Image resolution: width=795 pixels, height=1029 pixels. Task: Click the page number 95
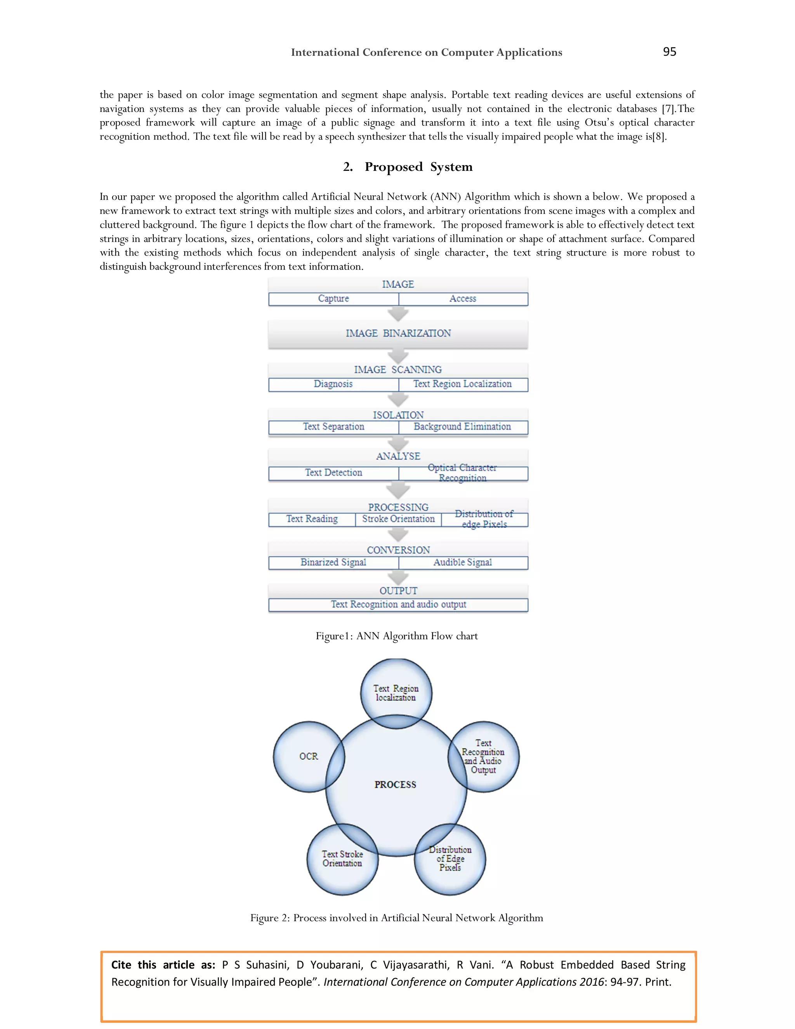669,52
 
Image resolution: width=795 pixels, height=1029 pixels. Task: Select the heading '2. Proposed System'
407,167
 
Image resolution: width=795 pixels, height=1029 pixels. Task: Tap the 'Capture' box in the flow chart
333,299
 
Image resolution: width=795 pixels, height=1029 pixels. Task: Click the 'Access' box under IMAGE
463,299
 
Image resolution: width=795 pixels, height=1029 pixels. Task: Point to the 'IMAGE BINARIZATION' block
398,334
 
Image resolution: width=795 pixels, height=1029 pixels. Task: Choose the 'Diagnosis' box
333,384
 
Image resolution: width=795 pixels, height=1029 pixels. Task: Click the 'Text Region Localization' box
463,384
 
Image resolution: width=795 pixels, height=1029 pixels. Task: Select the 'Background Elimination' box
463,427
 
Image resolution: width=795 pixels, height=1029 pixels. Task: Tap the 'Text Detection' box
333,473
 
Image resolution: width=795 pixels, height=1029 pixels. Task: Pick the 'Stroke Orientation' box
398,519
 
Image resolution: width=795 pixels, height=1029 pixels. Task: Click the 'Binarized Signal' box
333,563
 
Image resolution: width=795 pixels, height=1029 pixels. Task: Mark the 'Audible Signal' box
463,563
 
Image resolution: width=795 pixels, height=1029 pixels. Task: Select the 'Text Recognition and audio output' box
398,605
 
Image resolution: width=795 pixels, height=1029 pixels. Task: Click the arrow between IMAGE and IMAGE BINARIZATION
398,314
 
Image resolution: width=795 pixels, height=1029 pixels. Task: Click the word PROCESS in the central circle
396,785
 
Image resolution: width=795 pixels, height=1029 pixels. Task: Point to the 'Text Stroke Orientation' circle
342,859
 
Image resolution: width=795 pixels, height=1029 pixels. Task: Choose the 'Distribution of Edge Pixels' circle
450,859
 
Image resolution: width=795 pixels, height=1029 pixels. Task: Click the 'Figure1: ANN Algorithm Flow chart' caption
397,636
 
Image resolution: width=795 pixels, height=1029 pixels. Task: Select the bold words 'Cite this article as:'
163,965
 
